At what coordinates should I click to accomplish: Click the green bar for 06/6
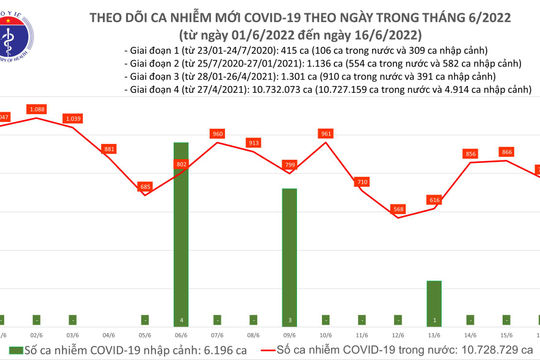tap(180, 229)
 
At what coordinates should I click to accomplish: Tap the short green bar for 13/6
tap(434, 298)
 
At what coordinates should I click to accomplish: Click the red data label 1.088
tap(37, 108)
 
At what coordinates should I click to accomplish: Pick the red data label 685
tap(145, 187)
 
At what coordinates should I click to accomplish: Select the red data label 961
tap(325, 133)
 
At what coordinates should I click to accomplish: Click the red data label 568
tap(398, 209)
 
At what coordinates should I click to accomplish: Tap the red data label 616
tap(434, 200)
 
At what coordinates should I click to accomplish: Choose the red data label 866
tap(507, 151)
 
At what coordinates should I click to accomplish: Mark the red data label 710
tap(362, 182)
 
